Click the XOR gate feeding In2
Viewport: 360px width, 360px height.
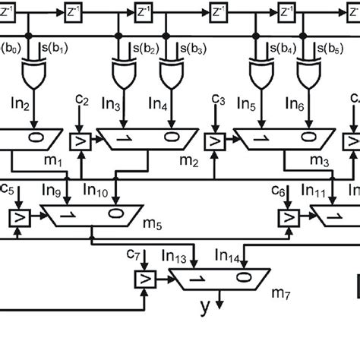pyautogui.click(x=31, y=74)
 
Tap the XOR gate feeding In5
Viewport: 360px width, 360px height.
pyautogui.click(x=260, y=74)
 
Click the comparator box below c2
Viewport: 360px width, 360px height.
pyautogui.click(x=79, y=142)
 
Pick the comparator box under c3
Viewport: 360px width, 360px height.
pyautogui.click(x=216, y=142)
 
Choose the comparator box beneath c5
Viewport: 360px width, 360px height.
pyautogui.click(x=16, y=219)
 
